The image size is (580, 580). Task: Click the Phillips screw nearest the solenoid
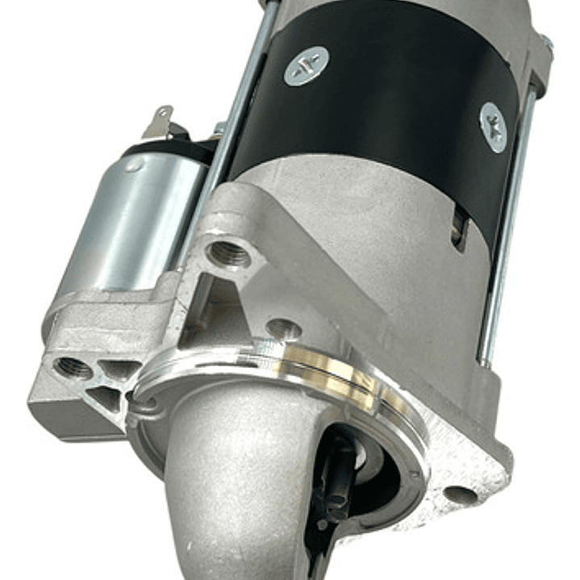[x=307, y=66]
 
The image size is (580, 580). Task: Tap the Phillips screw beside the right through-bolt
[x=493, y=127]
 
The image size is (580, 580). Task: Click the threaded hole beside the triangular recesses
[x=73, y=368]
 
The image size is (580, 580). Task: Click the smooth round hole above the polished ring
[x=284, y=328]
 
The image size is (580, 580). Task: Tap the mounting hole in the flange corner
[x=461, y=494]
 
